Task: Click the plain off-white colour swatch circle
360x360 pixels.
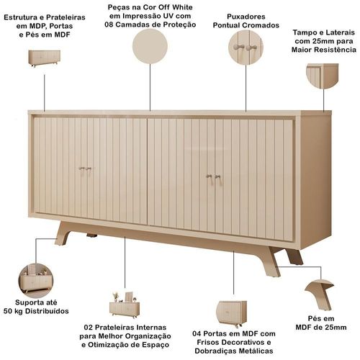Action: [150, 46]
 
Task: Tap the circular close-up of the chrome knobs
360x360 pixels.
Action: [246, 48]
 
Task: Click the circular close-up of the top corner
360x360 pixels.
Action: [323, 76]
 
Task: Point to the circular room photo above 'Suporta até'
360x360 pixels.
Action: [36, 281]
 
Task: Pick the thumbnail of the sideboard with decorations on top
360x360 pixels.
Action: [125, 305]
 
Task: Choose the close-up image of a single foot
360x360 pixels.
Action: [320, 294]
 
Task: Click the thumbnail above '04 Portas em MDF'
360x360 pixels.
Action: [232, 314]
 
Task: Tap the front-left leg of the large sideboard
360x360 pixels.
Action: [63, 233]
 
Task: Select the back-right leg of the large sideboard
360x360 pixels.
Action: [294, 257]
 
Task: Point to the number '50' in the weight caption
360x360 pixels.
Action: [8, 311]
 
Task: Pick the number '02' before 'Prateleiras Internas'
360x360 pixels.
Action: [89, 328]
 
